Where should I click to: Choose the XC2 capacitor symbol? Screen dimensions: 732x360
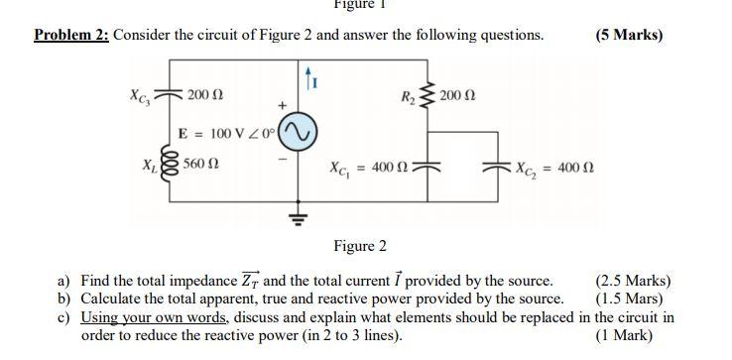click(495, 166)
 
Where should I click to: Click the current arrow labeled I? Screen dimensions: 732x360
click(308, 75)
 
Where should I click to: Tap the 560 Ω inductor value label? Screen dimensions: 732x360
click(201, 165)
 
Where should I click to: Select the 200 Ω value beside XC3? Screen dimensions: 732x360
click(204, 95)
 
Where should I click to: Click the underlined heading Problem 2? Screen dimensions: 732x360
click(71, 35)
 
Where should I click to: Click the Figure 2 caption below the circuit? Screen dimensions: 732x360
click(360, 246)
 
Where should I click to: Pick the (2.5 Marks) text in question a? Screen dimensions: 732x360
click(633, 281)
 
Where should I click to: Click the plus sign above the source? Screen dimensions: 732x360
click(281, 103)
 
